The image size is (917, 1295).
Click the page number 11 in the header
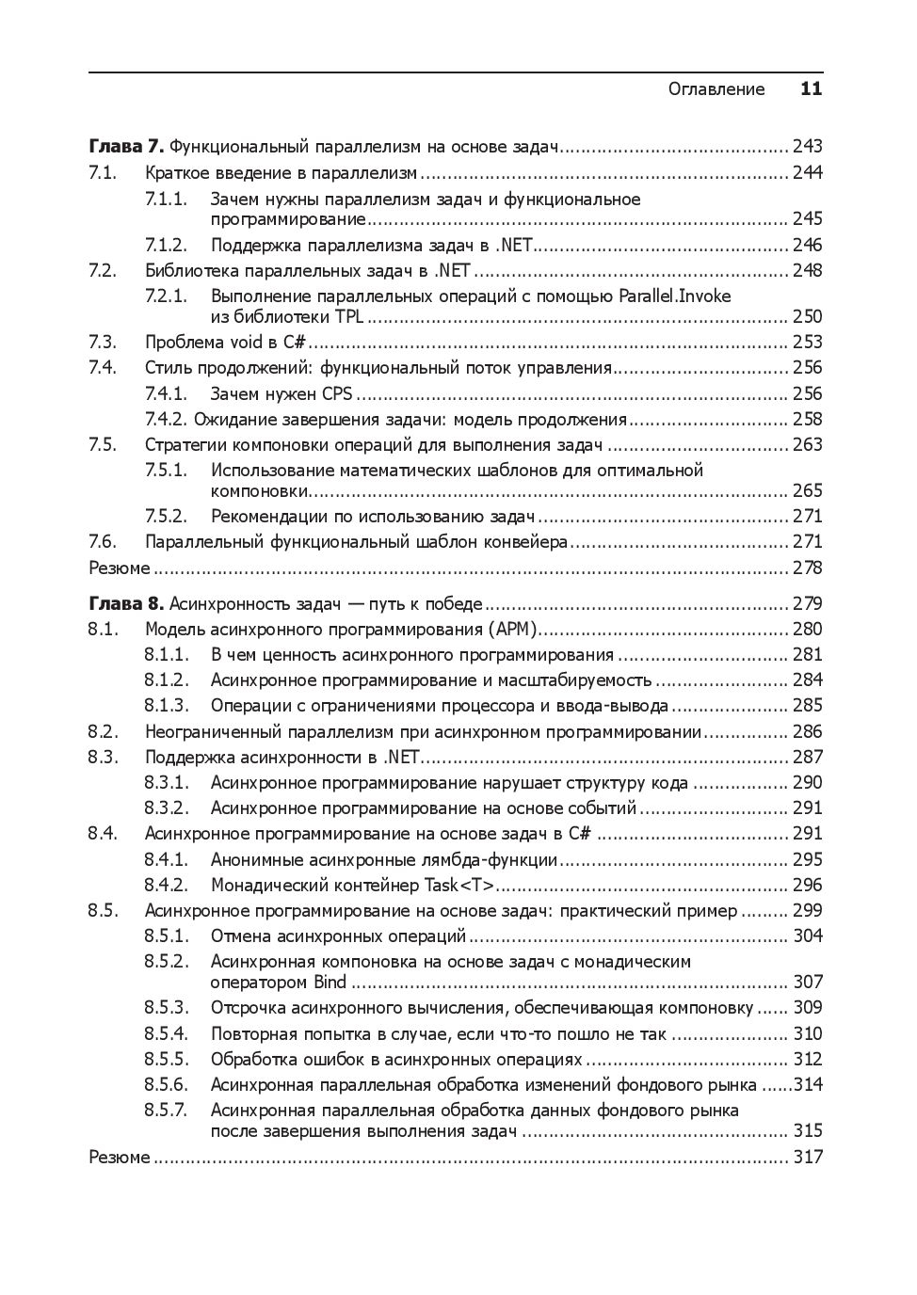point(811,89)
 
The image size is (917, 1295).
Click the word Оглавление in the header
point(716,89)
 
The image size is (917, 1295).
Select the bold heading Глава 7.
point(126,146)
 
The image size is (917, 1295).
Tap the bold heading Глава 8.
point(126,603)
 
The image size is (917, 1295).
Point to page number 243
point(807,146)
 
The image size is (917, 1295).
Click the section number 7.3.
point(103,342)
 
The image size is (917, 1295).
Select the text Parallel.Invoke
point(674,296)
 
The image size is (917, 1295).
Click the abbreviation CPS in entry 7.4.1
point(337,393)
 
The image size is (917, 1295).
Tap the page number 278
point(807,568)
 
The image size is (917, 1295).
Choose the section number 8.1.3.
point(166,705)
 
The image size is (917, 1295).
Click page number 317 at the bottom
point(807,1157)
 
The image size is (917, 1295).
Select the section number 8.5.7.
point(166,1110)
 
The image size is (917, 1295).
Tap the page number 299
point(807,910)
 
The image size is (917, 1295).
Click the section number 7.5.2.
point(166,516)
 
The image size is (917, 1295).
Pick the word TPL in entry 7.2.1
point(348,316)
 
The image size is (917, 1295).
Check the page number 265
point(807,490)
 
